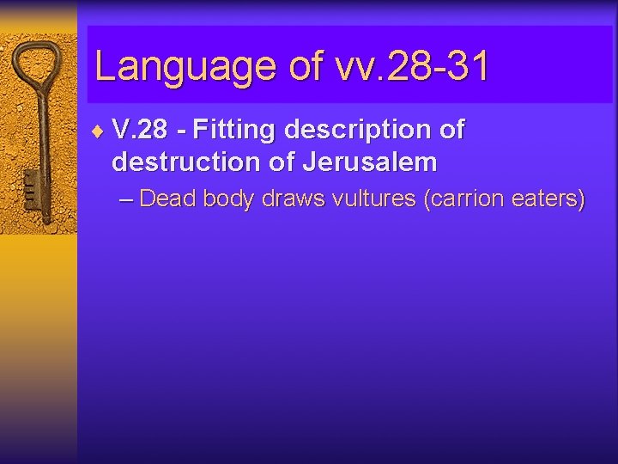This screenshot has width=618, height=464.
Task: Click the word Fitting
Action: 233,131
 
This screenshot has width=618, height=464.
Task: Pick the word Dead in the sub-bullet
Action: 166,199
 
